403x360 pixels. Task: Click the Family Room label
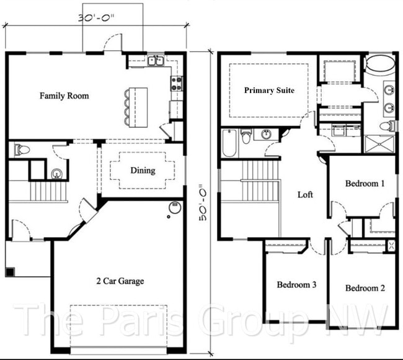point(64,96)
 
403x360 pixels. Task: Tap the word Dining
point(143,171)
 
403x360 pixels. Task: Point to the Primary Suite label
point(268,91)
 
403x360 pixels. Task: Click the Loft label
point(305,194)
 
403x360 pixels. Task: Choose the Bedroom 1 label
point(365,184)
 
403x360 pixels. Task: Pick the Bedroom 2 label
point(365,288)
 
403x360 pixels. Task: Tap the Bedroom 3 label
point(296,285)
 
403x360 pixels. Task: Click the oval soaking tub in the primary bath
point(379,65)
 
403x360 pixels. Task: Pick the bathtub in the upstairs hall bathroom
point(229,142)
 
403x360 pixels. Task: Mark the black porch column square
point(9,272)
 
